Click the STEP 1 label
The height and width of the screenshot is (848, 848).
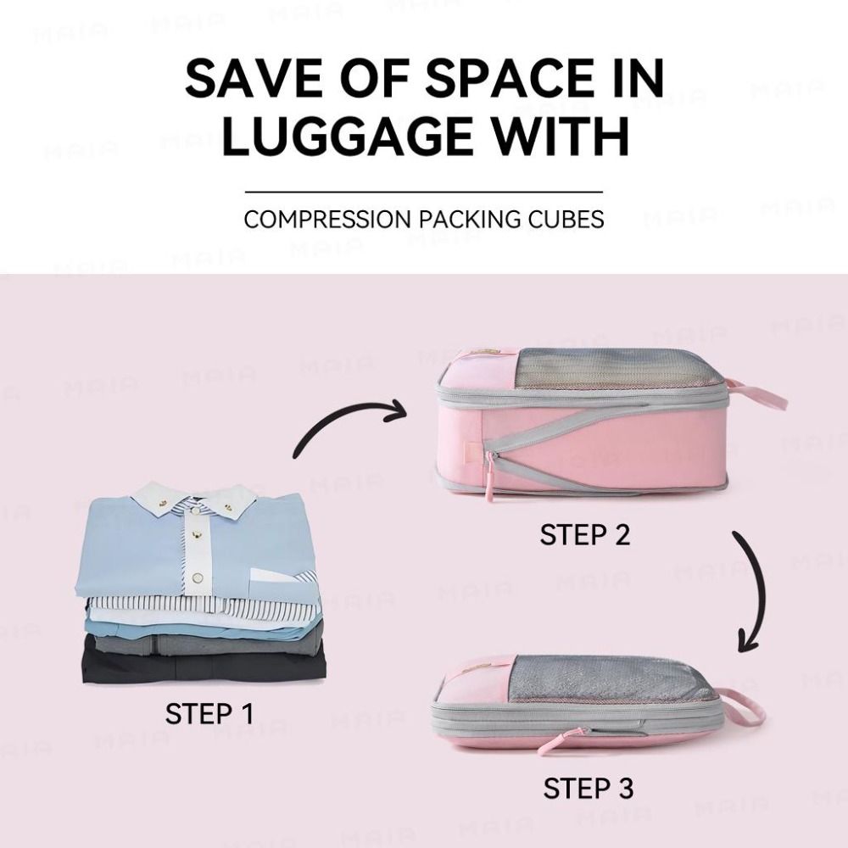[209, 713]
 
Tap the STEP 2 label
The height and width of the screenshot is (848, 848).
[585, 535]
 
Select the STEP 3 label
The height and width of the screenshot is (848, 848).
[589, 788]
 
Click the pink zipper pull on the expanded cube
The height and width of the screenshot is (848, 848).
[490, 479]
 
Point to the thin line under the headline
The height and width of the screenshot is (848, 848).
[424, 192]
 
